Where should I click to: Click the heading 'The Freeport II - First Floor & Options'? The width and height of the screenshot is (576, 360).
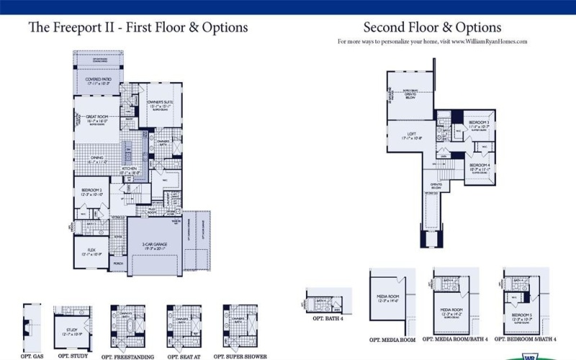(138, 27)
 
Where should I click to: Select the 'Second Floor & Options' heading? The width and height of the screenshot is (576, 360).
(432, 27)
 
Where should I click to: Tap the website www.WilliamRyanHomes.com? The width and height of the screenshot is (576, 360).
(489, 42)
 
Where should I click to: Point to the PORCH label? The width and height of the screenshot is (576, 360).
(118, 263)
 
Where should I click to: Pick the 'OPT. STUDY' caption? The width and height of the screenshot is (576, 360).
(73, 356)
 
